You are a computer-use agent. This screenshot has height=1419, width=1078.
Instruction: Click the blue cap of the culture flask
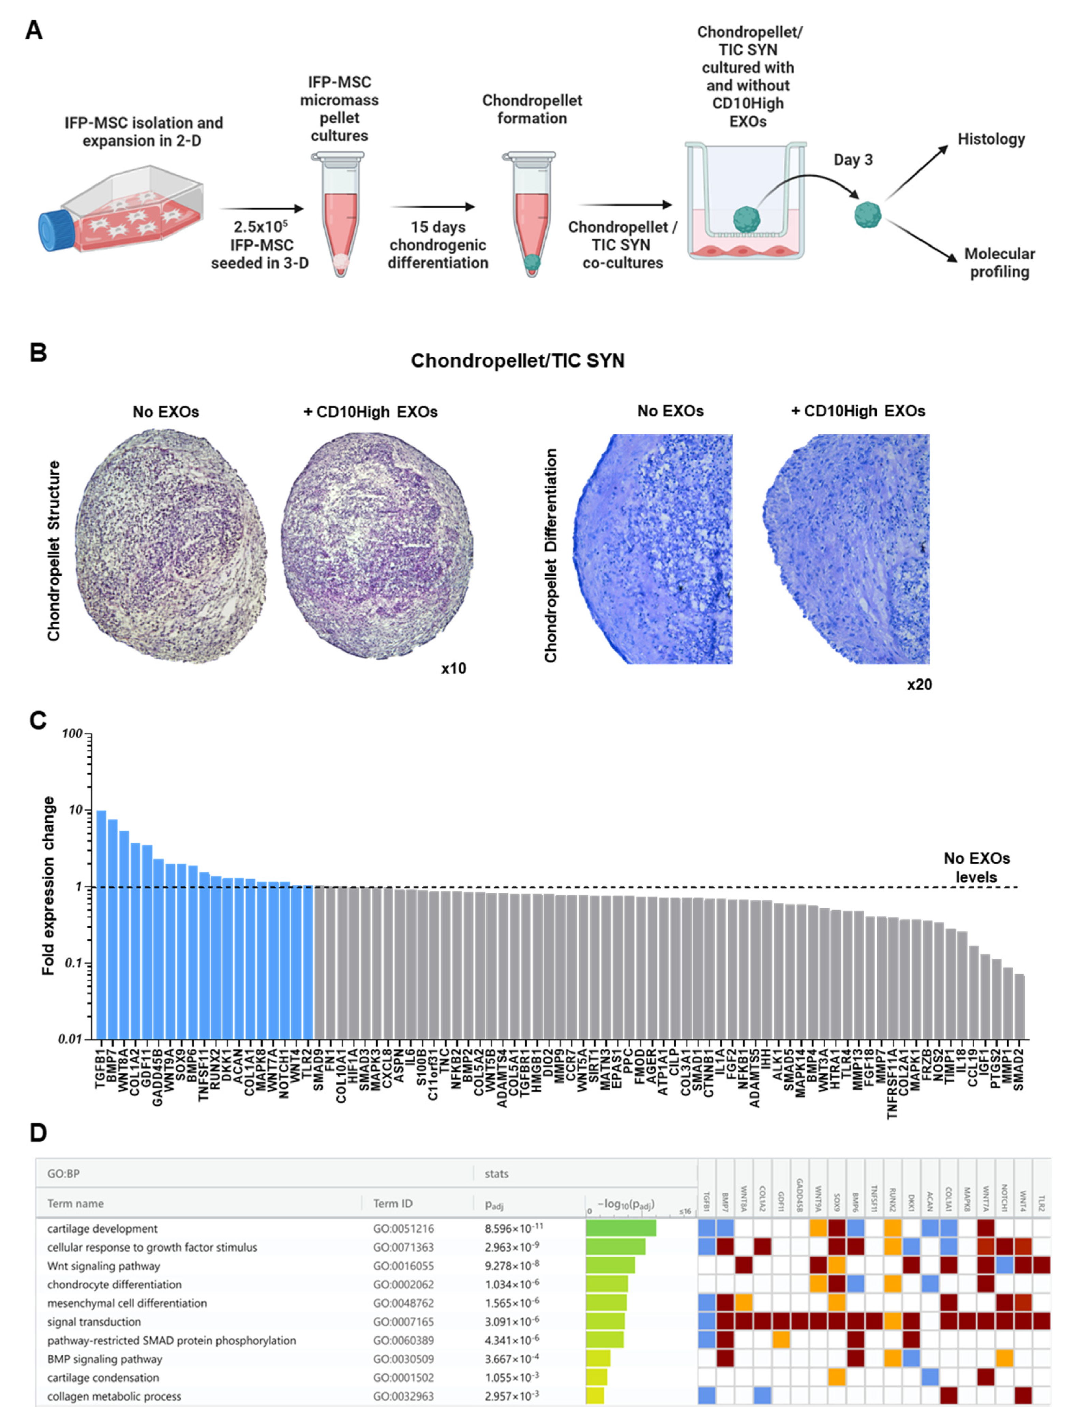(53, 231)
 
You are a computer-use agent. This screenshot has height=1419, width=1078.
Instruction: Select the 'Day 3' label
(853, 160)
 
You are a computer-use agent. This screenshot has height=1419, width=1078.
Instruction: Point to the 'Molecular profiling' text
(999, 263)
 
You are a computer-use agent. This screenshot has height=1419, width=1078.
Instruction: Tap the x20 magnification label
(919, 684)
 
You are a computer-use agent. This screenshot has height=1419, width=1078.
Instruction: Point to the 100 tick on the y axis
(73, 734)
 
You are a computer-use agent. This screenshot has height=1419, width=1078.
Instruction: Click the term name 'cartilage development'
(102, 1228)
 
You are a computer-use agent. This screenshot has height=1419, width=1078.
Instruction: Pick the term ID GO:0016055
(403, 1266)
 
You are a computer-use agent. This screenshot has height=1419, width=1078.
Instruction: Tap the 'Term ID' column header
(393, 1204)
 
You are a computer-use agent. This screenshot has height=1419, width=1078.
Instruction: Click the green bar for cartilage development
(620, 1228)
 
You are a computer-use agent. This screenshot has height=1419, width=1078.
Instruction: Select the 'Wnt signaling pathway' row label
(103, 1266)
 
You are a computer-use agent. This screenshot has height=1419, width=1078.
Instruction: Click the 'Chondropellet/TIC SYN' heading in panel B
(517, 361)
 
